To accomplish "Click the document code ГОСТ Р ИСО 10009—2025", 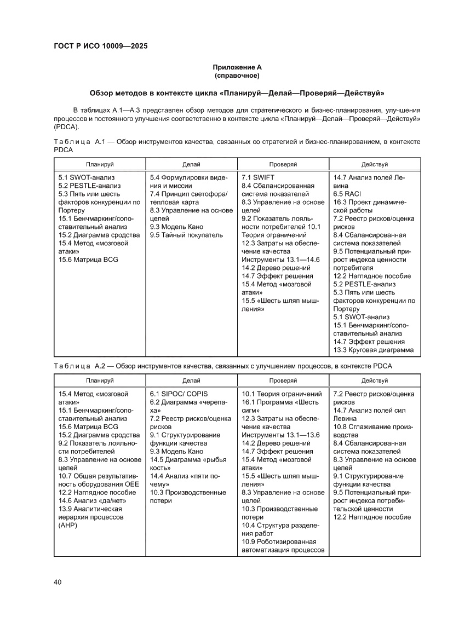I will [x=100, y=46].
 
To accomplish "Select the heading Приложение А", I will [x=237, y=67].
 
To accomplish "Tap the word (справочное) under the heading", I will [x=237, y=75].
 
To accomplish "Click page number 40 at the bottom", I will [x=58, y=581].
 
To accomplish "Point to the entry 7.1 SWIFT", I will [x=258, y=177].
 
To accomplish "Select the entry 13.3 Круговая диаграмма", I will [x=373, y=350].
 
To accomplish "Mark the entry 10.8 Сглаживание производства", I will [x=370, y=430].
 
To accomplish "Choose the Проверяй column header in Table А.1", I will [x=283, y=164].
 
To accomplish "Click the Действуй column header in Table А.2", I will [x=374, y=380].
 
